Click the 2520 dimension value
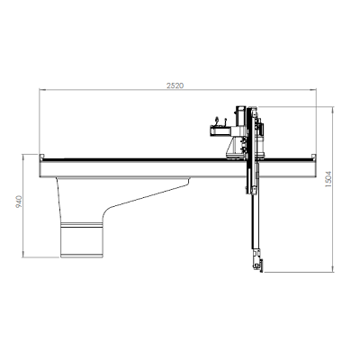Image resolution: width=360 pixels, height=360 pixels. coord(175,85)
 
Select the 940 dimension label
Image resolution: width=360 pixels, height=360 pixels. coord(19,202)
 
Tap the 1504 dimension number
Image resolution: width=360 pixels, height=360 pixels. coord(328,179)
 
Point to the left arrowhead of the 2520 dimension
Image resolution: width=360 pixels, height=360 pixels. coord(42,89)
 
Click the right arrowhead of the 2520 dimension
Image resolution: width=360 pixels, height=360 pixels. coord(313,89)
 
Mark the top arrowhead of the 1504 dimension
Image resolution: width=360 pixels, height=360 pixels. coord(332,109)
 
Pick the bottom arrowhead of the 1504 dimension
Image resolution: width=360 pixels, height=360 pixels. coord(332,269)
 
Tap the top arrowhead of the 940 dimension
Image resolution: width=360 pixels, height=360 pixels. coord(23,157)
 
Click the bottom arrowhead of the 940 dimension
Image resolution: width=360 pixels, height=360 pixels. coord(23,255)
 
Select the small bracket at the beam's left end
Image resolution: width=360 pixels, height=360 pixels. coord(41,157)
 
